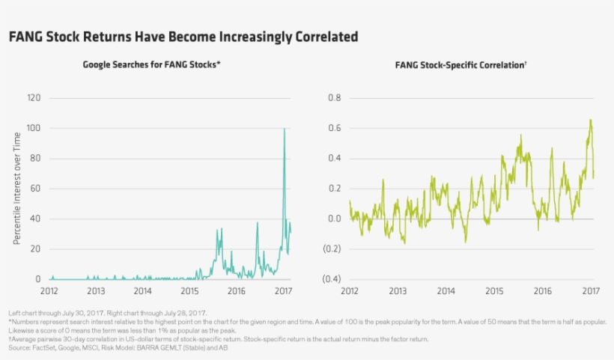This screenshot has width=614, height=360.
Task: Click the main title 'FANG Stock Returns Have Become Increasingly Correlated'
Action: point(183,37)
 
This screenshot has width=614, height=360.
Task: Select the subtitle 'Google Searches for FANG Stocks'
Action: point(151,65)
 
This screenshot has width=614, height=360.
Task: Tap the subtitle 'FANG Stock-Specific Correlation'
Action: point(460,65)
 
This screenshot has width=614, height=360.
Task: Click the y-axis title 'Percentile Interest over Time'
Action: point(16,189)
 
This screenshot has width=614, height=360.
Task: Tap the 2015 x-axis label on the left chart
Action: point(190,290)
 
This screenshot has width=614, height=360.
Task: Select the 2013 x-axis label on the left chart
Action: point(96,290)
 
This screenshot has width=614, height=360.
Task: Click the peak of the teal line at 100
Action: point(284,129)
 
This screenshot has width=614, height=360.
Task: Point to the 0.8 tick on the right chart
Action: point(335,98)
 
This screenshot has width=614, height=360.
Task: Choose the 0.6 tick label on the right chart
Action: point(335,129)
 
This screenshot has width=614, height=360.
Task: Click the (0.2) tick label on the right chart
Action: point(332,249)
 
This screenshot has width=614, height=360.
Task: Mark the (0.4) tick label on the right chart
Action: point(332,279)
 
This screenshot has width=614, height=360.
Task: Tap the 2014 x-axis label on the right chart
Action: point(446,290)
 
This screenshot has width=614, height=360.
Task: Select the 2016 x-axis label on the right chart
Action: point(543,290)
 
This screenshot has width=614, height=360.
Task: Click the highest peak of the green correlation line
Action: point(590,120)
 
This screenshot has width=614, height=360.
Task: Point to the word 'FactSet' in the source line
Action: point(38,348)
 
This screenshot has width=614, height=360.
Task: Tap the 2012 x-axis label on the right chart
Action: point(350,290)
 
